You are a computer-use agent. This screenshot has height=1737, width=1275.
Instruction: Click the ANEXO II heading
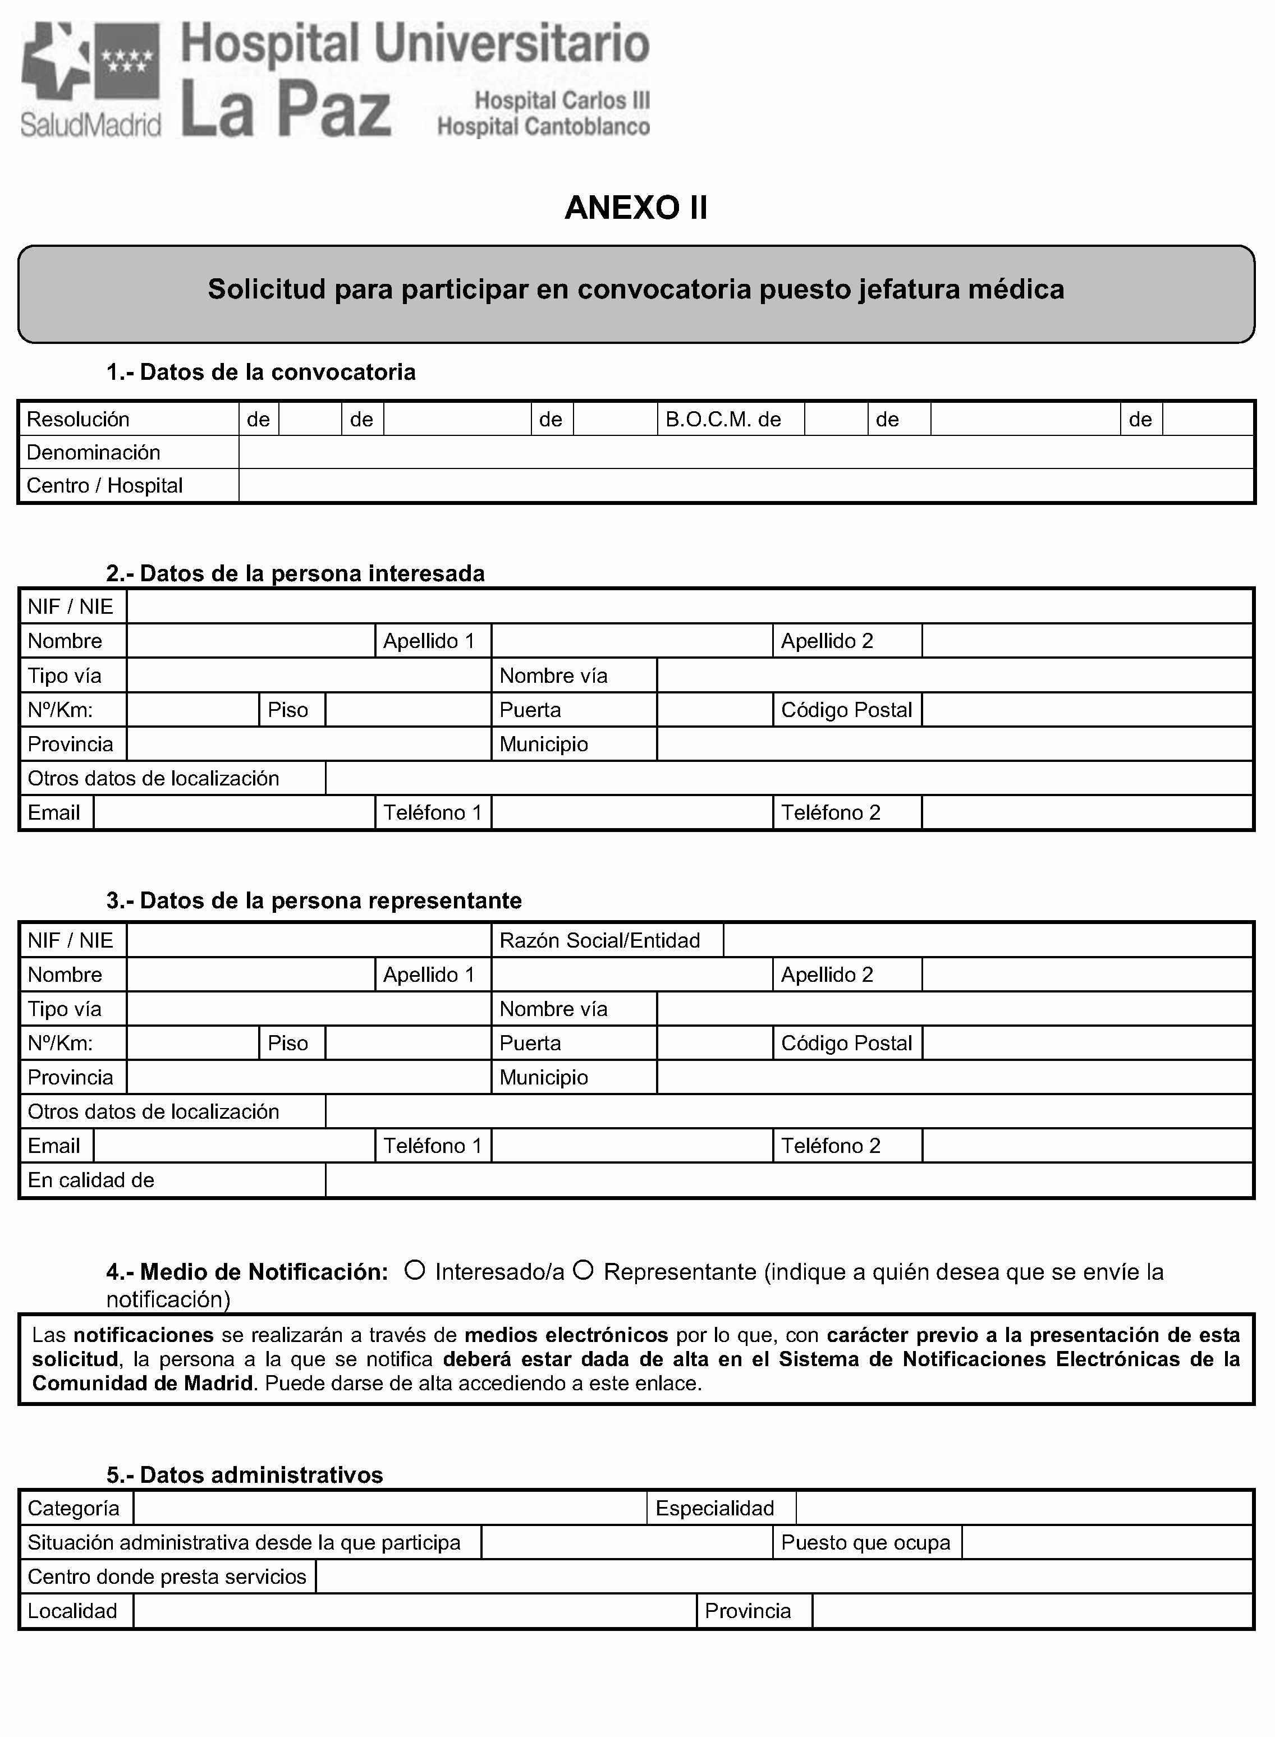coord(635,208)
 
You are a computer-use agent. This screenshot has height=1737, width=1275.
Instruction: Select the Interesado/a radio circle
coord(415,1270)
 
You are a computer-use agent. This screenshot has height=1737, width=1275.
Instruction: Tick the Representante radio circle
coord(584,1270)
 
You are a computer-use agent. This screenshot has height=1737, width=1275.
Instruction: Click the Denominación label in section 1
coord(93,452)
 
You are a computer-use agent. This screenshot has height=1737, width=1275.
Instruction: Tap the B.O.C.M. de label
coord(723,419)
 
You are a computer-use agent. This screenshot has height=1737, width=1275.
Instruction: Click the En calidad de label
coord(91,1180)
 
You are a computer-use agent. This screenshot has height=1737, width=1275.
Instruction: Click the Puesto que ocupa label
coord(865,1542)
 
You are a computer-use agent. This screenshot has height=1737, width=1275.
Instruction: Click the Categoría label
coord(74,1508)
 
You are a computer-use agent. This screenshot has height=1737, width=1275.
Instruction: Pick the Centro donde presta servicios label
coord(167,1577)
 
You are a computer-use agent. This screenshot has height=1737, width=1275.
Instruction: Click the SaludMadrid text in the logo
coord(90,124)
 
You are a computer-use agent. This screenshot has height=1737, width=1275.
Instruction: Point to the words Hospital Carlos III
coord(562,100)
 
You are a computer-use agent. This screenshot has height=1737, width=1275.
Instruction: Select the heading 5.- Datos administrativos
coord(245,1474)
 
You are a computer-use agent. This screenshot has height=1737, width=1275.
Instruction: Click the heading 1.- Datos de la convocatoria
coord(261,372)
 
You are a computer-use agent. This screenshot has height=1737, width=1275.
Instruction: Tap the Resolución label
coord(78,419)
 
